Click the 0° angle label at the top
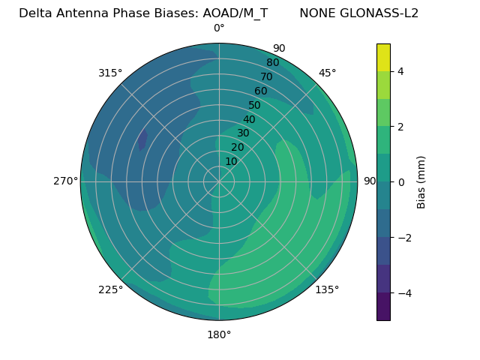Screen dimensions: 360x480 [219, 28]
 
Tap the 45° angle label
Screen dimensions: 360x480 [328, 73]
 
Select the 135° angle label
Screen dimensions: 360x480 [327, 289]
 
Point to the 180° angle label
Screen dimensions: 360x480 [219, 334]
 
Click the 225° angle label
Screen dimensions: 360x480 [110, 289]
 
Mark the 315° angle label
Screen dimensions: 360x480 [110, 73]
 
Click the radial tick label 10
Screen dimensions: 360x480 [231, 161]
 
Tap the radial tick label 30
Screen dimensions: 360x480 [243, 133]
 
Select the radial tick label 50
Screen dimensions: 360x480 [254, 106]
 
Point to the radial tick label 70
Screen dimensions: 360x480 [266, 77]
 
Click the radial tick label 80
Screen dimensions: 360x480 [272, 63]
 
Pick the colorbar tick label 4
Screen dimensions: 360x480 [401, 71]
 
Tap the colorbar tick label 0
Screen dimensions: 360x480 [401, 181]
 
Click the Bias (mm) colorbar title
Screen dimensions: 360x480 [421, 181]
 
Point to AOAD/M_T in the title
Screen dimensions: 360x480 [233, 13]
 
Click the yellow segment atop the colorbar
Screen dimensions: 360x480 [383, 57]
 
